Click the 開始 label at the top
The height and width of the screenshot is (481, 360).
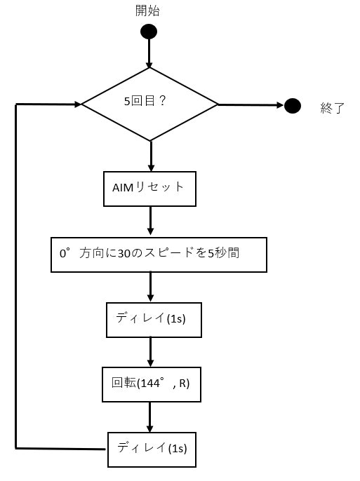point(148,11)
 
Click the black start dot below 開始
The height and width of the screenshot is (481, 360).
point(149,32)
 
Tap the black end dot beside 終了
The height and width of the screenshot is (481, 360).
point(293,106)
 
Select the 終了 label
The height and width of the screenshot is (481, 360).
point(331,108)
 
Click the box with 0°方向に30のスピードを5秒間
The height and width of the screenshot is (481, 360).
point(159,254)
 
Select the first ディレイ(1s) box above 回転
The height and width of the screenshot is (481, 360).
point(154,319)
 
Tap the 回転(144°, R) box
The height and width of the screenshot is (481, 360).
point(152,384)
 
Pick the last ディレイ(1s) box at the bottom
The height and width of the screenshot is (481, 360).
point(152,448)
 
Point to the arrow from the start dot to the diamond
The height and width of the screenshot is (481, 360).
point(149,53)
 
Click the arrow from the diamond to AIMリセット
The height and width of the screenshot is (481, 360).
point(150,156)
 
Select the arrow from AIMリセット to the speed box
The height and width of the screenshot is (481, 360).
point(150,222)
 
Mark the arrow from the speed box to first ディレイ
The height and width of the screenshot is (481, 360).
point(150,287)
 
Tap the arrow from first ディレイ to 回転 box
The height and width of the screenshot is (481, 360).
point(150,351)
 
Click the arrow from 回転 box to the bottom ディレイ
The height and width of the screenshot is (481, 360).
point(150,416)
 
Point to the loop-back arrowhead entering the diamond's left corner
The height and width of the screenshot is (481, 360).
point(76,104)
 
